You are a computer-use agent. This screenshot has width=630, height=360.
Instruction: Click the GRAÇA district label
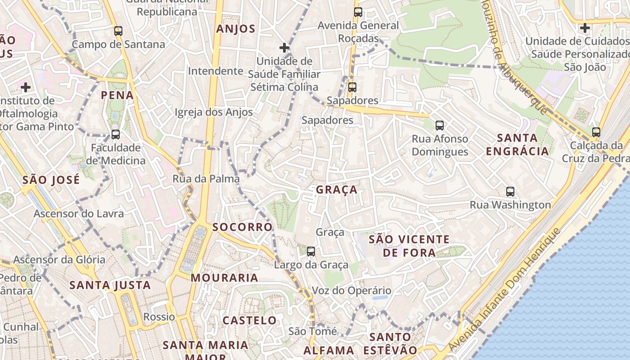(337, 189)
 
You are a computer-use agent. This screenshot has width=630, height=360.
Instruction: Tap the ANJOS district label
(236, 29)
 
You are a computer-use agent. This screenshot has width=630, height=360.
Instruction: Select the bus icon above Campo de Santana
(118, 31)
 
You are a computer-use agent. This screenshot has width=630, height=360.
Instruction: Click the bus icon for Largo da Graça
(310, 251)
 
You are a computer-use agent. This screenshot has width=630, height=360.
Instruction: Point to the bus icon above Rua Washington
(510, 192)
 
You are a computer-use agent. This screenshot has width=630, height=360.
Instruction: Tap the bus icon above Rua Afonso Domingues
(440, 126)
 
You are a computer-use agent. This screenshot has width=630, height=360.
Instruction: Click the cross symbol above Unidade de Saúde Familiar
(284, 47)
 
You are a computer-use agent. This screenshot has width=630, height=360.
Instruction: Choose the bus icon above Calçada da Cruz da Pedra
(596, 132)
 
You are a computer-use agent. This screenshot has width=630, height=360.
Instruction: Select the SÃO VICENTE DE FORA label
(409, 246)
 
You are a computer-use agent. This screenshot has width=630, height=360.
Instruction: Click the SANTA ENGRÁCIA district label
(517, 144)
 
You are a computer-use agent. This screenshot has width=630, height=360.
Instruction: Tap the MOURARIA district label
(225, 278)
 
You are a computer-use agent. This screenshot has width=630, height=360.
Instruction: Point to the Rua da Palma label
(206, 179)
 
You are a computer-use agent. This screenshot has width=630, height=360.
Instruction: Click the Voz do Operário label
(351, 290)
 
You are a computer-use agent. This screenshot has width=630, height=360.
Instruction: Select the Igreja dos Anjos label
(214, 112)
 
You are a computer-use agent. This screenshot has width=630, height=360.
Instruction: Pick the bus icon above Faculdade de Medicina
(116, 135)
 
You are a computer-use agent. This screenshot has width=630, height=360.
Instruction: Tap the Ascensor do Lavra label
(79, 213)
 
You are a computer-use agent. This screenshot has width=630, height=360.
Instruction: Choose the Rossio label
(159, 317)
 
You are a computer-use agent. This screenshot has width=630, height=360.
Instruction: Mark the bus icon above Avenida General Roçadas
(358, 12)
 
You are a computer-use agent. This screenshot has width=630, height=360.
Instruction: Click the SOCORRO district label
(243, 227)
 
